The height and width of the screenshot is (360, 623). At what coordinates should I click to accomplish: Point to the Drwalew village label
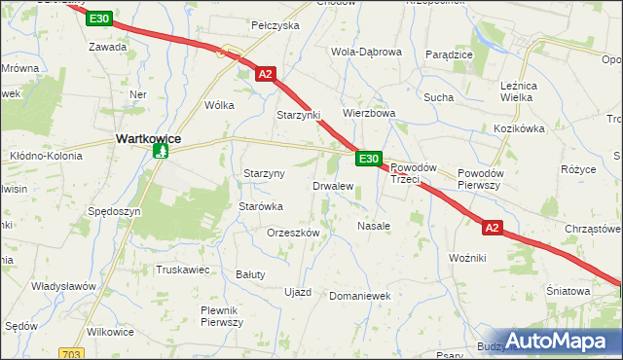(332, 185)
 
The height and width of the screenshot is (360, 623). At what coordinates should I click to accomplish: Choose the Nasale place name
(374, 225)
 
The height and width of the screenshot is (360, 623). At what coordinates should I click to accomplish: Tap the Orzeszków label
(293, 233)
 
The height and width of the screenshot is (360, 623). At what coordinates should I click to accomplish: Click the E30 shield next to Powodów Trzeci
(368, 159)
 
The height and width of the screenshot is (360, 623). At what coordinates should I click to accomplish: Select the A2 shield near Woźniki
(493, 228)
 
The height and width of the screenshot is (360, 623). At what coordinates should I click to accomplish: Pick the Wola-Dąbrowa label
(366, 52)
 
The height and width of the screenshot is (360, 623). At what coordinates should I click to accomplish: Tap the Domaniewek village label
(359, 295)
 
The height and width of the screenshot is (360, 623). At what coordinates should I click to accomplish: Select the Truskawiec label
(182, 270)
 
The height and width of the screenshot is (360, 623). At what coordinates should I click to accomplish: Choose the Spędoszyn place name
(115, 211)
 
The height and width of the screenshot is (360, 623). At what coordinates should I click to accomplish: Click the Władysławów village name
(62, 286)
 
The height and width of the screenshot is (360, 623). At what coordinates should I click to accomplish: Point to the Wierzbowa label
(369, 113)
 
